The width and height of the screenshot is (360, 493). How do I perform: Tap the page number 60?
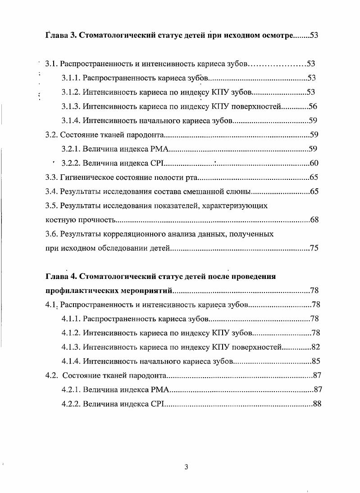point(314,163)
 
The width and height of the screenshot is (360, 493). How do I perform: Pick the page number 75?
point(314,248)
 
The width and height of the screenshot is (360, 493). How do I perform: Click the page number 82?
point(316,347)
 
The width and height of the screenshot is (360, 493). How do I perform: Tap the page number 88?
point(317,404)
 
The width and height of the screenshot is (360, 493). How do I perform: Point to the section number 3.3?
point(52,178)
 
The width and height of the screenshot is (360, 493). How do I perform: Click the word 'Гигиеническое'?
point(86,178)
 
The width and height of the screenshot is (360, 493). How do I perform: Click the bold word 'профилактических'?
point(80,291)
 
